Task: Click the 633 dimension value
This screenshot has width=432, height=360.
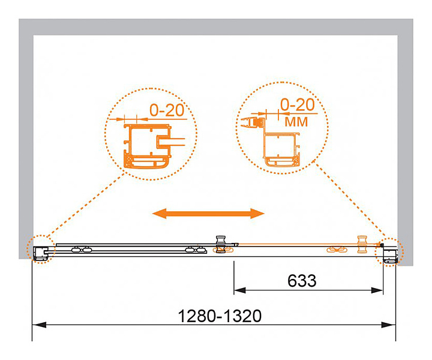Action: pos(302,281)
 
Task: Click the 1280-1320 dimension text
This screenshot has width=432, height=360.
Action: pos(220,316)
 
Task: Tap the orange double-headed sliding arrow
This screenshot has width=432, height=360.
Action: pos(208,213)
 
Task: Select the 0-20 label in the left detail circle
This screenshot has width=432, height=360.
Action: pos(167,110)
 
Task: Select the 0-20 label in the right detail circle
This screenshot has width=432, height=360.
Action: pos(297,105)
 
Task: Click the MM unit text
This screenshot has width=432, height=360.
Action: pos(296,122)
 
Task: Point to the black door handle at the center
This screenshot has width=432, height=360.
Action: pos(220,244)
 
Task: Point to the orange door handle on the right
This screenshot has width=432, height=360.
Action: pos(362,244)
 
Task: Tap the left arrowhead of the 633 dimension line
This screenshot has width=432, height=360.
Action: pos(239,290)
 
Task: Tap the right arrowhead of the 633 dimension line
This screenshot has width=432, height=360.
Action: pos(377,290)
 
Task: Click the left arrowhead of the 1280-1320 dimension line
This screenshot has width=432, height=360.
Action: pos(39,325)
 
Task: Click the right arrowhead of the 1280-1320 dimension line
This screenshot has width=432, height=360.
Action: pos(389,325)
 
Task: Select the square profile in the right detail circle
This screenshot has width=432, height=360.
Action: pos(281,150)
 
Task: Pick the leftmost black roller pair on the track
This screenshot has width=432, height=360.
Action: pos(81,250)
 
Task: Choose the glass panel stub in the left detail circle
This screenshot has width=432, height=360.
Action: pos(171,142)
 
